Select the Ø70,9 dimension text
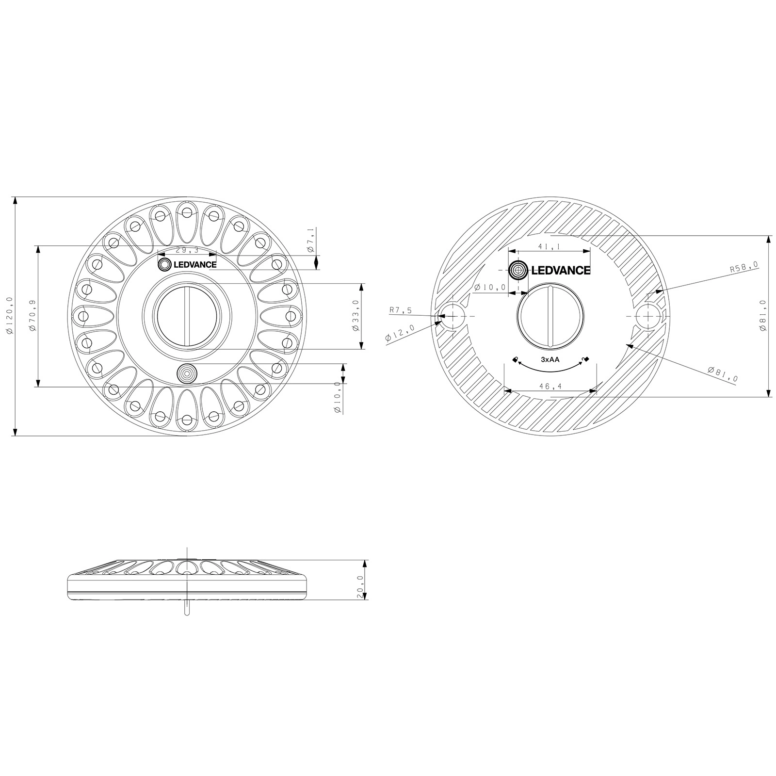click(32, 316)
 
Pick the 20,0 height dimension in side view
click(360, 587)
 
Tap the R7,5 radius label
click(401, 310)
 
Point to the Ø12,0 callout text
click(400, 334)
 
